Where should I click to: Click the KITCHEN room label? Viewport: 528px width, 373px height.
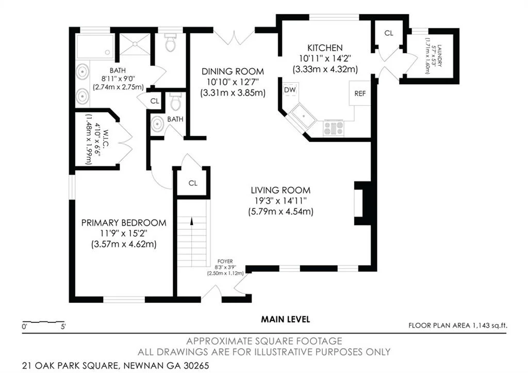tap(325, 48)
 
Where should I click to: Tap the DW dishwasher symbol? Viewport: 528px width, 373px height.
tap(290, 89)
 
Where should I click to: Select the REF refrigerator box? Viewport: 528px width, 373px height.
tap(359, 93)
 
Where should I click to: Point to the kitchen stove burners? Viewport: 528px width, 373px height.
tap(334, 128)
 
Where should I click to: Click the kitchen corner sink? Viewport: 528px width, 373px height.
tap(303, 116)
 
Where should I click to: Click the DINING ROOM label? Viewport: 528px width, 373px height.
tap(233, 71)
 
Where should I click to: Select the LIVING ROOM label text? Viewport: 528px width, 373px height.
tap(280, 190)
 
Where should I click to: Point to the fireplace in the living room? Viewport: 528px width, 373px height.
tap(362, 203)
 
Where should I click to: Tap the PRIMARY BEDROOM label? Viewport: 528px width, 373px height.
tap(124, 223)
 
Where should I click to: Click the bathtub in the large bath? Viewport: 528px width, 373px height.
tap(95, 46)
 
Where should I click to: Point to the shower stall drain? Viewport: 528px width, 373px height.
tap(135, 44)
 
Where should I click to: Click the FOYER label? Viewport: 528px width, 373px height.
tap(225, 261)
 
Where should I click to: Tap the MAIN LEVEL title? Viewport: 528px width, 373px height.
tap(285, 319)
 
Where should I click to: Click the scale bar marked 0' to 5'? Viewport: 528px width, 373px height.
tap(43, 322)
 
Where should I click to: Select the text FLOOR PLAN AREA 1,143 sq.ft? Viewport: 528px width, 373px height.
tap(458, 325)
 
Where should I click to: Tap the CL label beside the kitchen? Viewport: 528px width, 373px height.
tap(389, 33)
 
